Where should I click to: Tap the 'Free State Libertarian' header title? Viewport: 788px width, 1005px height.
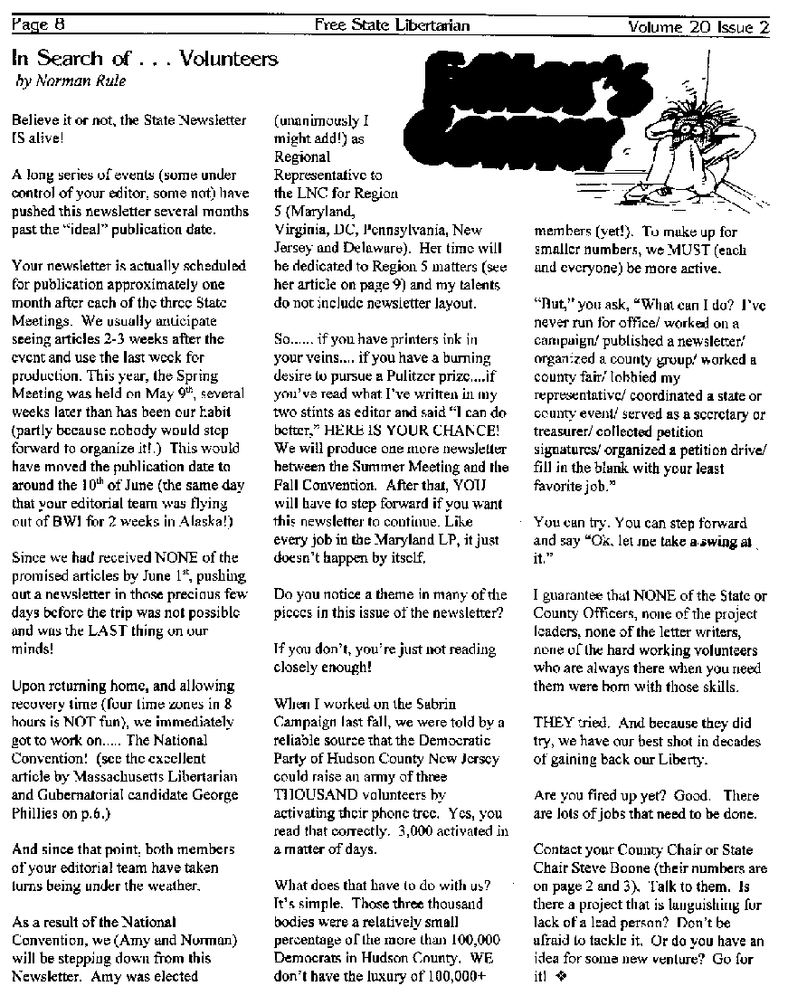click(392, 25)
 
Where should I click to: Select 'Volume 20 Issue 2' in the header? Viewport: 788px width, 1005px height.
click(698, 26)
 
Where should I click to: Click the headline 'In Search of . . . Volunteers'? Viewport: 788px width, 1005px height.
click(145, 60)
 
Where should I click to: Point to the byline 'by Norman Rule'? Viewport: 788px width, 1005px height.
click(71, 81)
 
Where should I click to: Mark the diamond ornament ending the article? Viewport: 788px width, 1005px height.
click(573, 976)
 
